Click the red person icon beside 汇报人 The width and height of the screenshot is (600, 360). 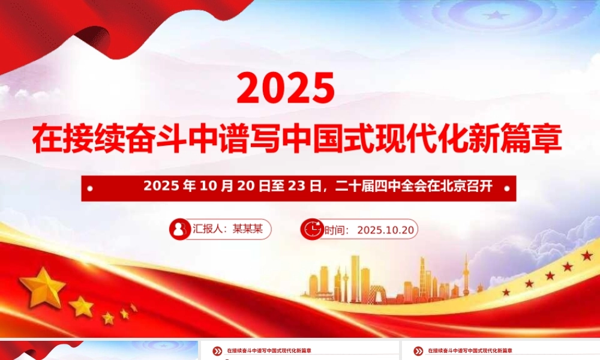179,229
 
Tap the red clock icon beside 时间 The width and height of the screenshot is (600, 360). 312,229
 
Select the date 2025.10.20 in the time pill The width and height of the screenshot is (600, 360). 385,230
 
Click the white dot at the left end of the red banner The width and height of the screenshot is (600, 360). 90,188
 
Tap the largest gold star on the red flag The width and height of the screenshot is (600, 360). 43,286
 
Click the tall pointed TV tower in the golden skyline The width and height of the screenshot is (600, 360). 466,276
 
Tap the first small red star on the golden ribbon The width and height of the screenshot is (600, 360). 506,292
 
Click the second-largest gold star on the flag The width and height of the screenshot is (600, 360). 82,307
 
